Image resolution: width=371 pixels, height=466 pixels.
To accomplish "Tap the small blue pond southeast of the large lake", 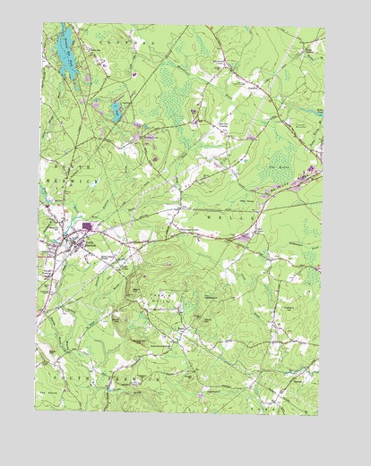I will [115, 111].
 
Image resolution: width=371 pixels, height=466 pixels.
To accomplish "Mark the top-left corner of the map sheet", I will [43, 23].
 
